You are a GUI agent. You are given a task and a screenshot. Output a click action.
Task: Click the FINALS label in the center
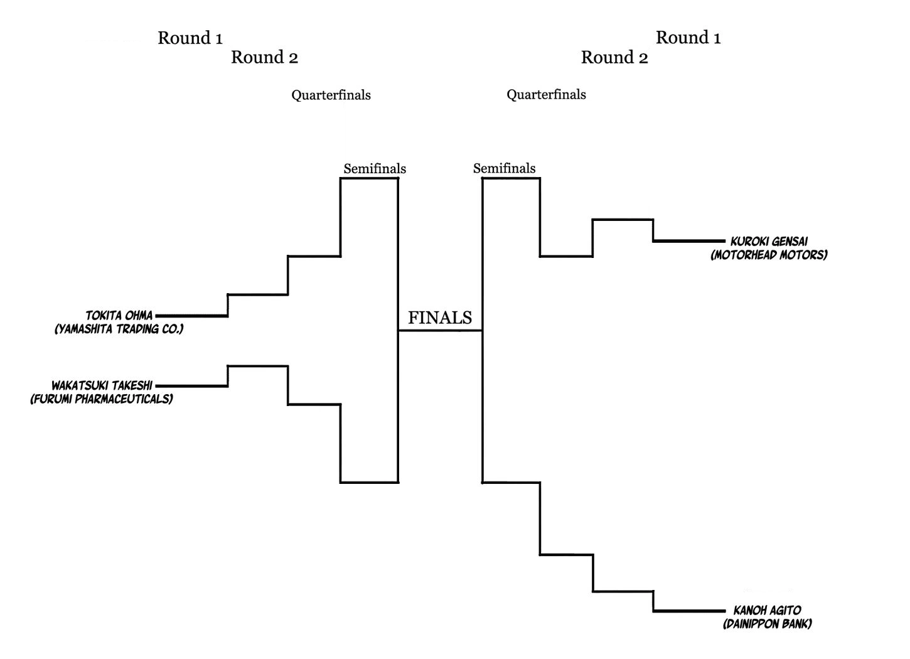[x=440, y=318]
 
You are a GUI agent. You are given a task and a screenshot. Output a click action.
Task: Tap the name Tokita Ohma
[x=119, y=316]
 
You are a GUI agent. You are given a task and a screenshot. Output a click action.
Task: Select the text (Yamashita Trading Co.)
[x=119, y=329]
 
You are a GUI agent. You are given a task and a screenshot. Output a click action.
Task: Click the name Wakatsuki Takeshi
[x=102, y=385]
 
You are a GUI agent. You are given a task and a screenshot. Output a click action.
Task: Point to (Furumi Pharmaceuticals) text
[x=102, y=399]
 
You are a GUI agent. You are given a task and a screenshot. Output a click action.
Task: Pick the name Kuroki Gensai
[x=769, y=241]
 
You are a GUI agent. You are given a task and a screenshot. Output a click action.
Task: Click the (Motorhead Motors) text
[x=769, y=255]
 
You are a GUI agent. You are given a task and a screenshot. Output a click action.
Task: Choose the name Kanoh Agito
[x=767, y=610]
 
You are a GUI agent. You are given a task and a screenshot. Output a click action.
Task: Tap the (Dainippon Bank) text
[x=767, y=624]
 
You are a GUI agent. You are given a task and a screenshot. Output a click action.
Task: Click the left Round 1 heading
[x=190, y=38]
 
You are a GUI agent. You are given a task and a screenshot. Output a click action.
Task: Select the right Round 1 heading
[x=688, y=38]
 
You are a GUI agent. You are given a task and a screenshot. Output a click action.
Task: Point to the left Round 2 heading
[x=264, y=58]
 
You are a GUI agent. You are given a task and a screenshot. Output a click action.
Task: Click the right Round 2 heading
[x=614, y=58]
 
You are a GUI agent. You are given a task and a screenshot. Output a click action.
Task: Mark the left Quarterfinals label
[x=331, y=95]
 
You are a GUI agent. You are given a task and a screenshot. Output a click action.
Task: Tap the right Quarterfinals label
[x=546, y=95]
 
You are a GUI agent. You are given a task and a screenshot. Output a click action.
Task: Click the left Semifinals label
[x=375, y=169]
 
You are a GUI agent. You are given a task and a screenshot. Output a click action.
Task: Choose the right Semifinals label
[x=504, y=168]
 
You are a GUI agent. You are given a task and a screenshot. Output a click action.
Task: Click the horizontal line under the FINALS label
[x=440, y=330]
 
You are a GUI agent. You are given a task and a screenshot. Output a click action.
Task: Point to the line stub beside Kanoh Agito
[x=689, y=611]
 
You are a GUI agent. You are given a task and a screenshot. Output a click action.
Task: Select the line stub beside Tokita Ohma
[x=191, y=316]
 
